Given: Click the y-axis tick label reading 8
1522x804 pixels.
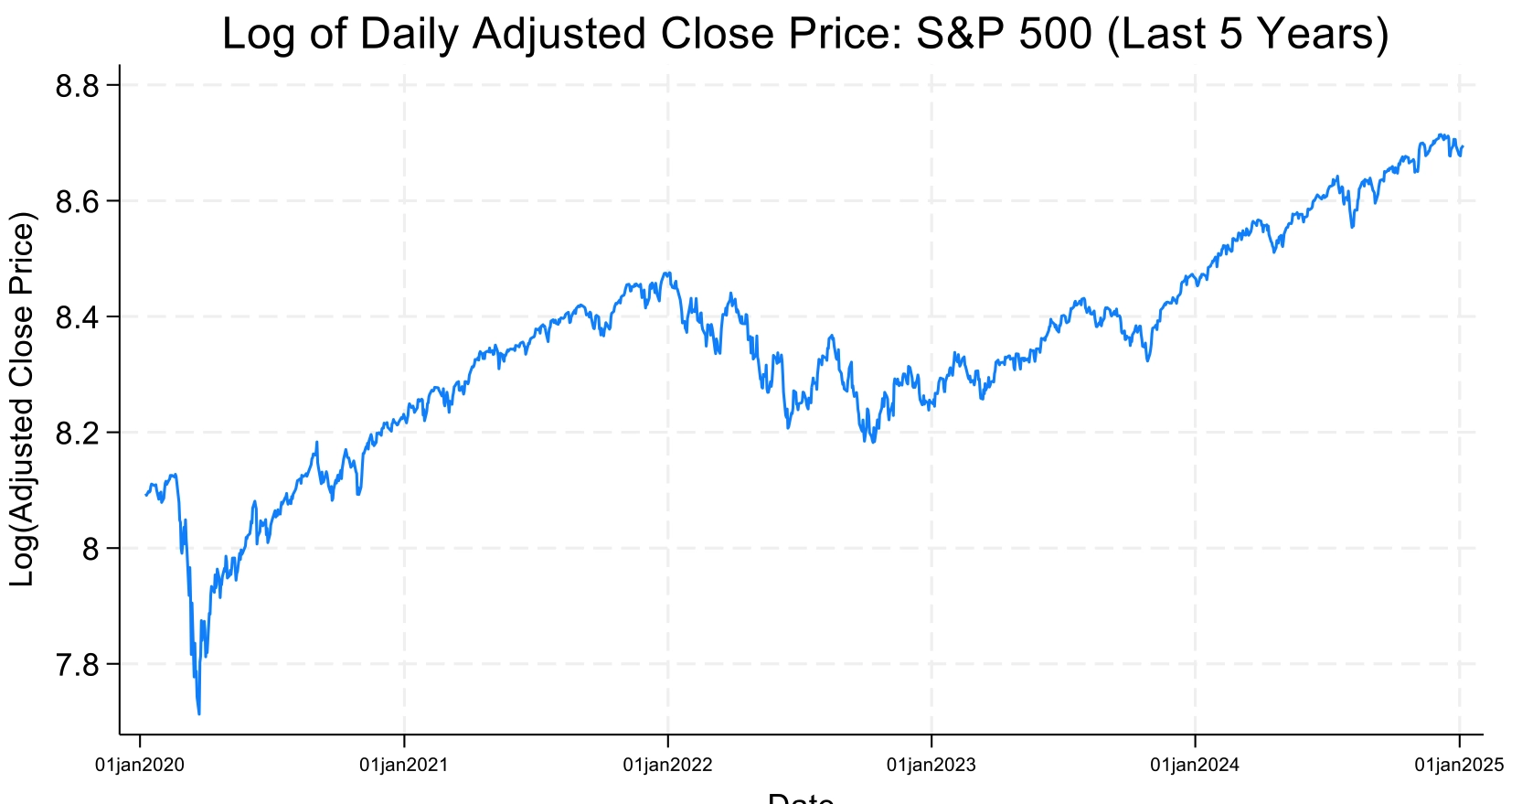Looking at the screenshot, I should pyautogui.click(x=90, y=549).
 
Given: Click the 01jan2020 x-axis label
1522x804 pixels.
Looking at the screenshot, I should pyautogui.click(x=140, y=766).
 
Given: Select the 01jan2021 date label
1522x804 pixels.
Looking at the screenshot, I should pyautogui.click(x=404, y=766).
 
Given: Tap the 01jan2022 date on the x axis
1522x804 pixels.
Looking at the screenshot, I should pyautogui.click(x=667, y=766).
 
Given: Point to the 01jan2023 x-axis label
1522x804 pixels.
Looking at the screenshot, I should pyautogui.click(x=931, y=766).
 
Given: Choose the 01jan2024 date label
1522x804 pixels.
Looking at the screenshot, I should pyautogui.click(x=1195, y=766).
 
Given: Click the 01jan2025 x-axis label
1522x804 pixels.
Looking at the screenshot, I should pyautogui.click(x=1459, y=766).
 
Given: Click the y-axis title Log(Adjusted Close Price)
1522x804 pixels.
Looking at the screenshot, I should pyautogui.click(x=22, y=399).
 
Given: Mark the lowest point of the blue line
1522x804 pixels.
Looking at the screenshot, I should pyautogui.click(x=199, y=713).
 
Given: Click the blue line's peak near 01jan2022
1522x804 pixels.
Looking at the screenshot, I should pyautogui.click(x=665, y=273).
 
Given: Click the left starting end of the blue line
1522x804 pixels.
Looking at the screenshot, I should pyautogui.click(x=145, y=495).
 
